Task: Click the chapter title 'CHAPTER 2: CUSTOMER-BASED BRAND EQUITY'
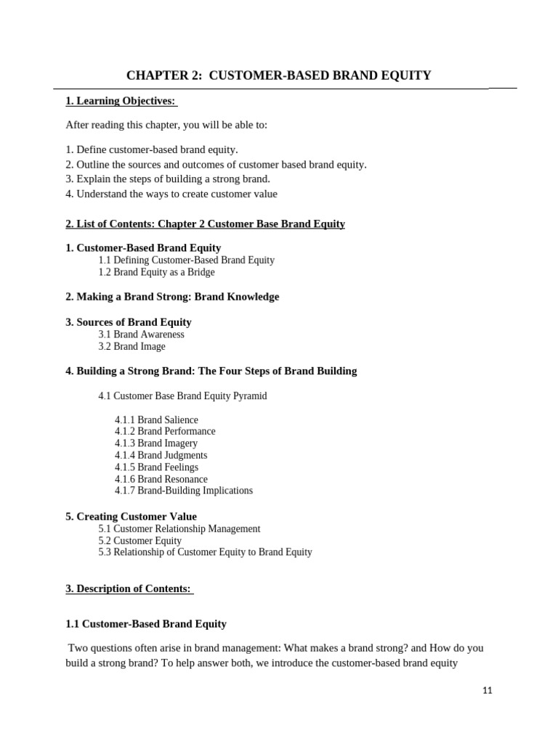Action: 279,75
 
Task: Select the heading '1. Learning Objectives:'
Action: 121,101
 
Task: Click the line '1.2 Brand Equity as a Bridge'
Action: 156,272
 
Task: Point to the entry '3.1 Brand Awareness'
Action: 141,334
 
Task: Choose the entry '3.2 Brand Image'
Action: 132,347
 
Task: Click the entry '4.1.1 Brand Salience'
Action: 156,419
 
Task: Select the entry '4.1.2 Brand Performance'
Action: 165,431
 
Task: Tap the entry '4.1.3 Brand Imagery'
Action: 155,443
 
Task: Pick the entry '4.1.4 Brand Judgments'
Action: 161,455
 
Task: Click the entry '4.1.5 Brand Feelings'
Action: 156,467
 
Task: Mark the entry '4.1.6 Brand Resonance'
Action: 161,479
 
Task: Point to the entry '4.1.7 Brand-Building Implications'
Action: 184,490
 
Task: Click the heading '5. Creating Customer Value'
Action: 131,517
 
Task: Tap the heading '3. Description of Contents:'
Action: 129,588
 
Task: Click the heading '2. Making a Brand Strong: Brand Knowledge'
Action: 172,297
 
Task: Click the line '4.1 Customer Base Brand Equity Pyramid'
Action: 182,396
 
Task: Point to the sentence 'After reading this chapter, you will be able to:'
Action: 166,125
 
